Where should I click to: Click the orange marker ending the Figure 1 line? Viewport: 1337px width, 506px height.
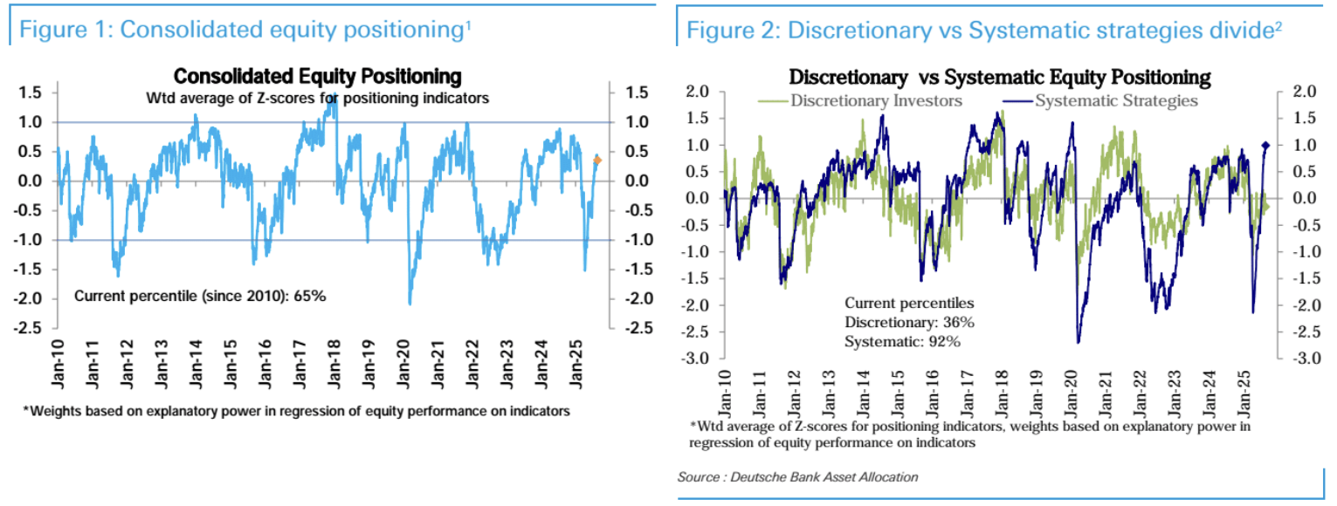coord(597,160)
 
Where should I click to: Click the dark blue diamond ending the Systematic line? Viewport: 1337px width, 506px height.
coord(1265,146)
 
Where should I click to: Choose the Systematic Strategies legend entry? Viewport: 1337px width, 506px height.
coord(1115,100)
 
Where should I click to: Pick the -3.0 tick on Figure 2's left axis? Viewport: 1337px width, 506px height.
coord(696,359)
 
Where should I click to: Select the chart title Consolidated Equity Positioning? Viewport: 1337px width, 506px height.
coord(318,77)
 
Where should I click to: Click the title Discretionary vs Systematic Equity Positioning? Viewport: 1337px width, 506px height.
coord(1000,77)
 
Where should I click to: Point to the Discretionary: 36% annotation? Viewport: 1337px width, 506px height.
coord(909,323)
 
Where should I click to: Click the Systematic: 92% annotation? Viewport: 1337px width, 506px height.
coord(902,341)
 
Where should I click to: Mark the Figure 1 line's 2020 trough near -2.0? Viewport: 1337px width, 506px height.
coord(410,303)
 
